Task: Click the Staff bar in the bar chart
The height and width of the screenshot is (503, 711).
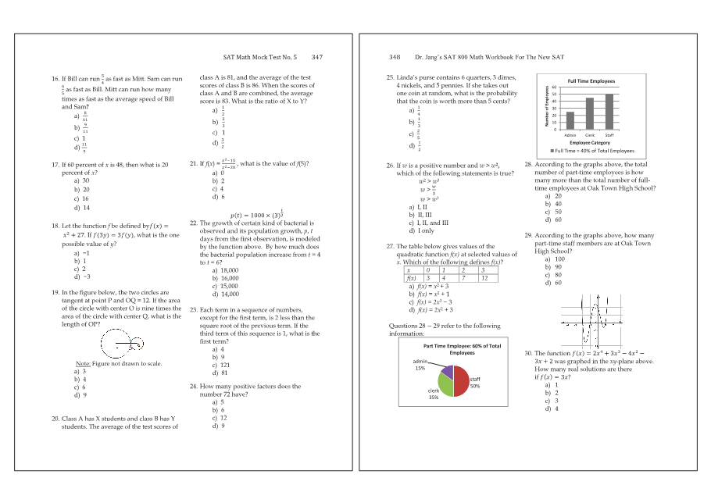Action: [609, 111]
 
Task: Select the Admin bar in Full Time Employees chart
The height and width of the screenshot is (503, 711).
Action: [570, 120]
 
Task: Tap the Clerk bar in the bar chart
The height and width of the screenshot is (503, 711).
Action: [590, 113]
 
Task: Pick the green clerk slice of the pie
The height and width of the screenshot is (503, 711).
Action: [444, 384]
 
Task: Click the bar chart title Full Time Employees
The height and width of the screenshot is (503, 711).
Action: [591, 81]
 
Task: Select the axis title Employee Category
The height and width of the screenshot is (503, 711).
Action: [590, 144]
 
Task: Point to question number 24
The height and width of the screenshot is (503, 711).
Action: [194, 387]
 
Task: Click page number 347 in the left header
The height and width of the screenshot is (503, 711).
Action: [316, 57]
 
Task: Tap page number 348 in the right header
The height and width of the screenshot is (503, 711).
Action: [395, 57]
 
